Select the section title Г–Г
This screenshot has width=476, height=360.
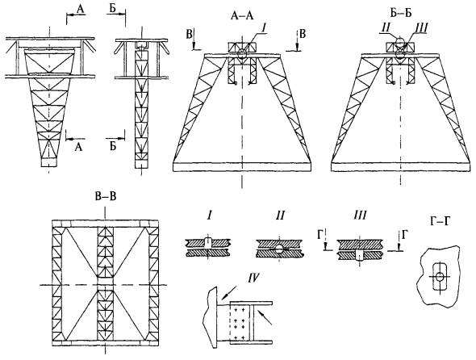tap(440, 221)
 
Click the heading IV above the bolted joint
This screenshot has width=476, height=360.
tap(253, 278)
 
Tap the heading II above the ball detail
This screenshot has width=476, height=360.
tap(280, 216)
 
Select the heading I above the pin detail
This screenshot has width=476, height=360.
tap(209, 216)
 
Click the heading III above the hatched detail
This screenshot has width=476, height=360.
tap(360, 216)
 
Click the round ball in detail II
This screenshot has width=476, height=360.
tap(278, 249)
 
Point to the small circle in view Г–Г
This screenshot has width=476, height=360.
tap(439, 276)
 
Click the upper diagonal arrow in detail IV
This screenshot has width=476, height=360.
tap(229, 293)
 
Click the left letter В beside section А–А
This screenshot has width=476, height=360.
tap(190, 35)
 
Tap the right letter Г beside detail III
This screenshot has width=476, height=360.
tap(404, 235)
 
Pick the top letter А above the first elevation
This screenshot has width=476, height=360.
tap(81, 10)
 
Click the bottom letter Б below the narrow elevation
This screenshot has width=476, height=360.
tap(113, 147)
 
